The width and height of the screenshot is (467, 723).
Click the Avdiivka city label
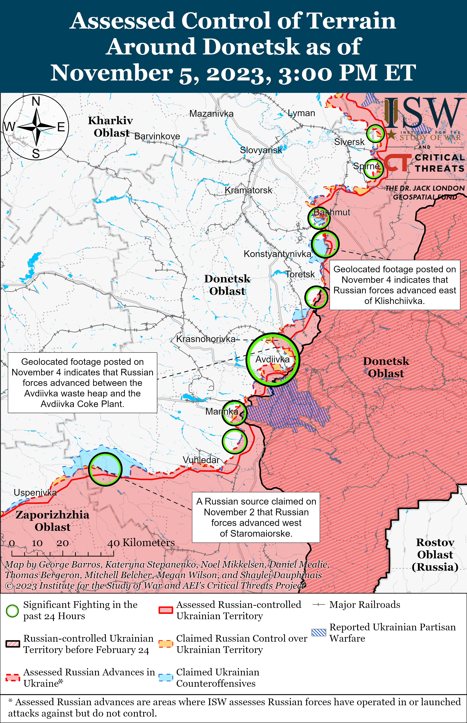(x=272, y=359)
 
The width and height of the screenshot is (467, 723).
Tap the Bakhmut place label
(x=331, y=212)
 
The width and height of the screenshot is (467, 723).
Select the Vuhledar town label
(x=201, y=460)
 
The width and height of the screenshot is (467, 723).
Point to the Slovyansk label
(x=261, y=150)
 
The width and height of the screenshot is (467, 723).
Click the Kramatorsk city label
(x=248, y=190)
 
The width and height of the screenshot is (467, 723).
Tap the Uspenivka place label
(x=35, y=493)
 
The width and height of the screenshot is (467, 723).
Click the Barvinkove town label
(x=157, y=136)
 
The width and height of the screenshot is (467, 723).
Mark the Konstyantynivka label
(x=277, y=254)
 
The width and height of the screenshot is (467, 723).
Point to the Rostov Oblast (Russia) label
(x=435, y=555)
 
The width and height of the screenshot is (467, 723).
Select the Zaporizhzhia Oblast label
(x=52, y=521)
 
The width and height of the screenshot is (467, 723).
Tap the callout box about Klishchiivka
(x=394, y=285)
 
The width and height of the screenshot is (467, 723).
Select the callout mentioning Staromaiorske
(x=256, y=518)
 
